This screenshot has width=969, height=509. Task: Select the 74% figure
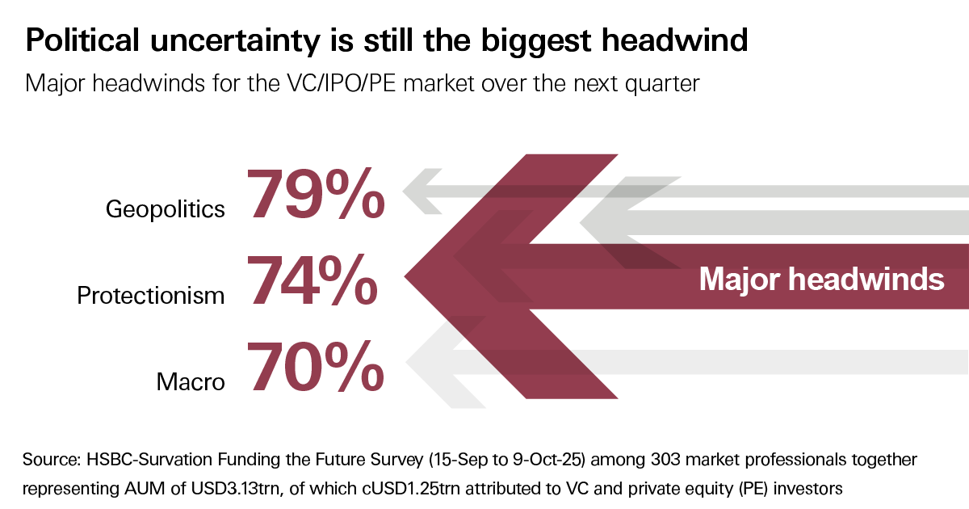point(312,280)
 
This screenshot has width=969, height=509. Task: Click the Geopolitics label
point(166,209)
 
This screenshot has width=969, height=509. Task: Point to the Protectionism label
point(151,295)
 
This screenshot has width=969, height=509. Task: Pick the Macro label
point(191,381)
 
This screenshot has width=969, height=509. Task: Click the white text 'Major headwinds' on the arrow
point(821,280)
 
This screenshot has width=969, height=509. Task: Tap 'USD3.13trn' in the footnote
point(228,488)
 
